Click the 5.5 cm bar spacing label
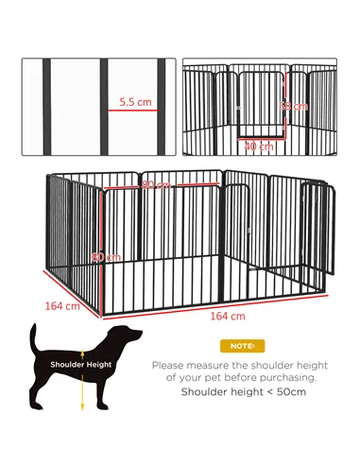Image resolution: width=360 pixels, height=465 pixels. coord(137,99)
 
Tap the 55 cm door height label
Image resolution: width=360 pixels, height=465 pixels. coord(297,106)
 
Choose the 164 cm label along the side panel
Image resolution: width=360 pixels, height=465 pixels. coord(60,305)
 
